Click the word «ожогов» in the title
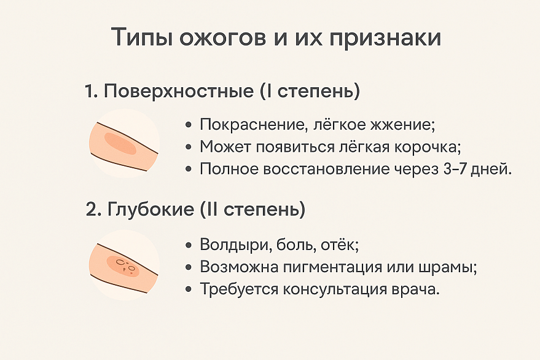click(222, 37)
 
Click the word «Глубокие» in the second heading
click(151, 209)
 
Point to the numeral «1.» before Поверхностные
click(92, 92)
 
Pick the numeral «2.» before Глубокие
click(93, 209)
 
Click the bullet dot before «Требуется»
click(188, 289)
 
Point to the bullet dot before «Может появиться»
click(188, 147)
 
